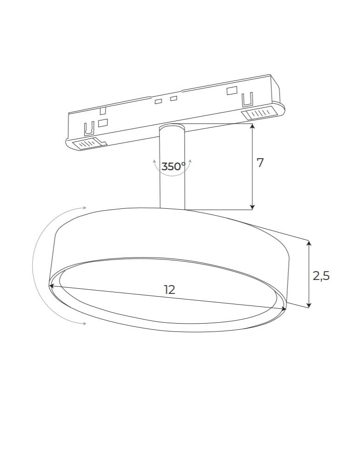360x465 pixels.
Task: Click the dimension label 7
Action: pyautogui.click(x=260, y=163)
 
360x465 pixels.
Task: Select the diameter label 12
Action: pyautogui.click(x=170, y=289)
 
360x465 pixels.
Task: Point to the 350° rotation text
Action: pyautogui.click(x=173, y=166)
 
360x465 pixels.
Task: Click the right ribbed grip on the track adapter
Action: pyautogui.click(x=258, y=113)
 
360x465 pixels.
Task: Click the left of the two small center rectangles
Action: pyautogui.click(x=159, y=101)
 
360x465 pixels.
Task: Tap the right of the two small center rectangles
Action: pyautogui.click(x=173, y=98)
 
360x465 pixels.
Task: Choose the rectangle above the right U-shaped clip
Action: pyautogui.click(x=232, y=91)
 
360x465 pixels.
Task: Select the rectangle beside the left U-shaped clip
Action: pyautogui.click(x=103, y=122)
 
